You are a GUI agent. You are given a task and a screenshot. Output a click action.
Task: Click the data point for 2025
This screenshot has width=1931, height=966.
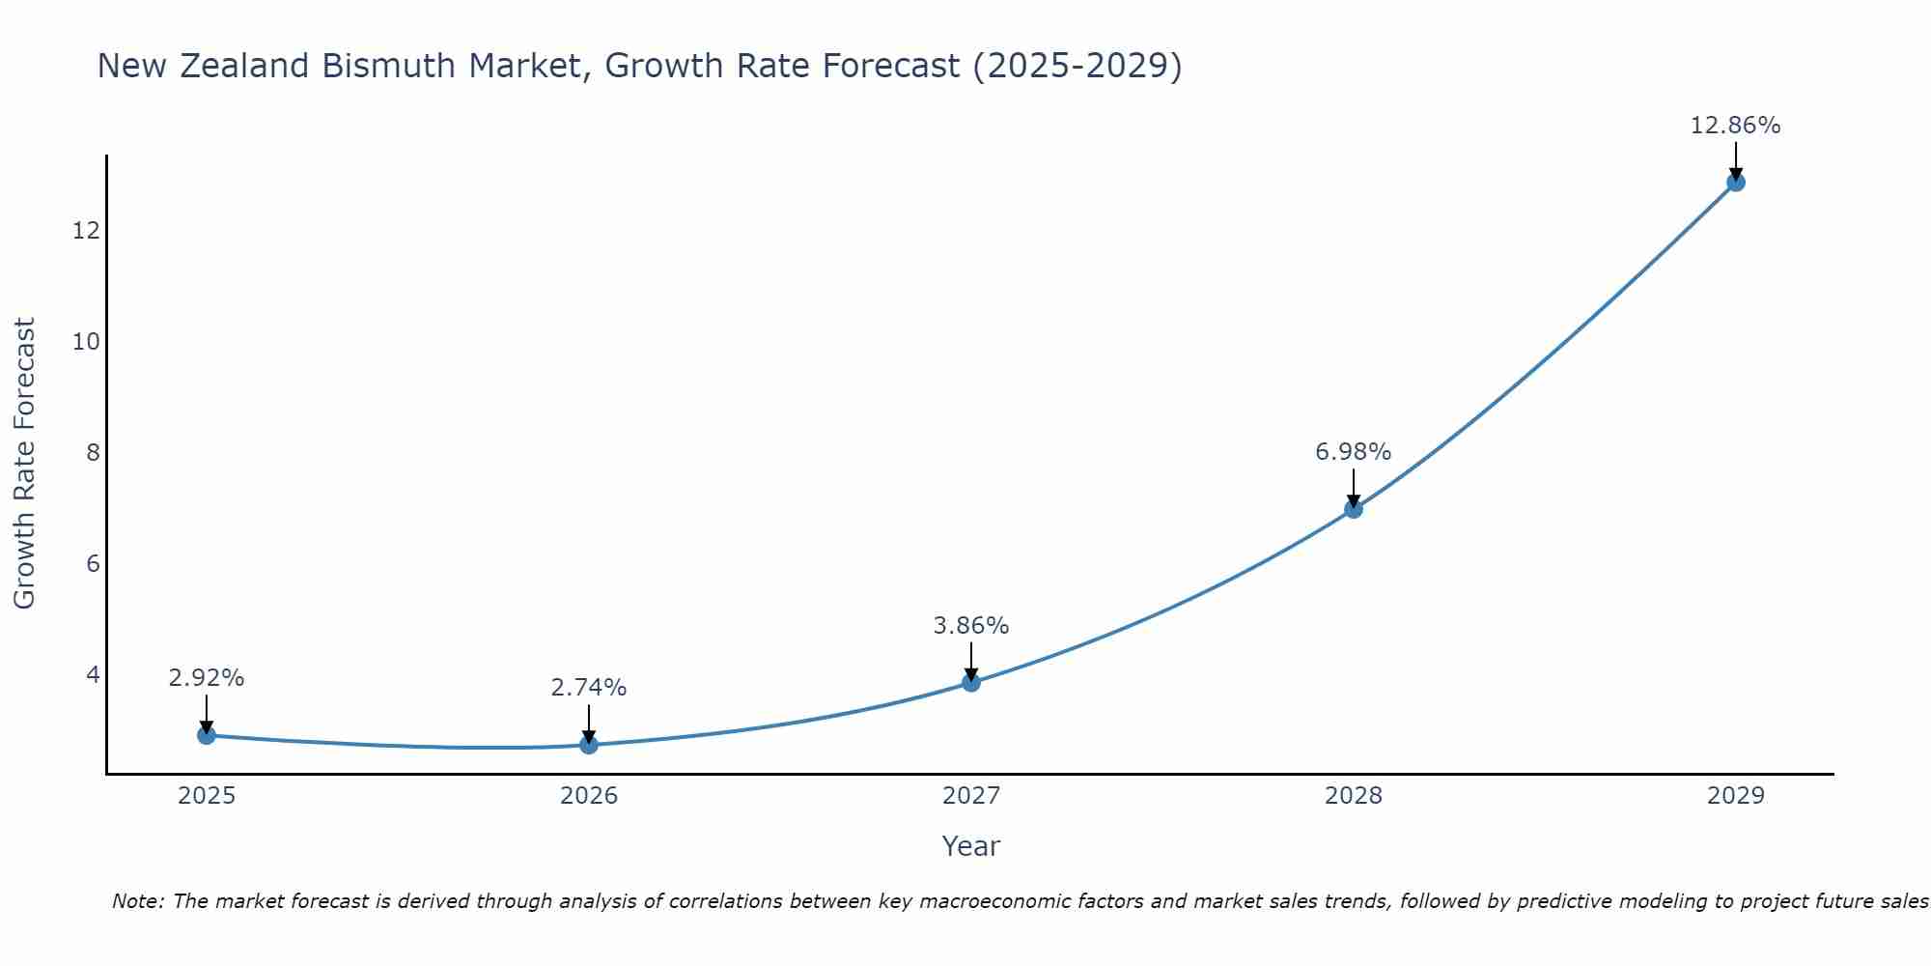(206, 735)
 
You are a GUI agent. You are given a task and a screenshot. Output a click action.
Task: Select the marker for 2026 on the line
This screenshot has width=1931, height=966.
(589, 745)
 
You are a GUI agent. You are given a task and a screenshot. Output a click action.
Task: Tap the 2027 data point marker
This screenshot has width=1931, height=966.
(971, 683)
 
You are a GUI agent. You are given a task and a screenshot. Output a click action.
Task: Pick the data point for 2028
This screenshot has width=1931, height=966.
(1354, 509)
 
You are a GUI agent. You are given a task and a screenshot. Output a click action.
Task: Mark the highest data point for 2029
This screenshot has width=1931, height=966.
(1736, 182)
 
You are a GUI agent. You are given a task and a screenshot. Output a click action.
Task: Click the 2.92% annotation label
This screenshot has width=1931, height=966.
(206, 678)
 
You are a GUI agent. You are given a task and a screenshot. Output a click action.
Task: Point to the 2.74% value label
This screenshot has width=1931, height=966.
(589, 688)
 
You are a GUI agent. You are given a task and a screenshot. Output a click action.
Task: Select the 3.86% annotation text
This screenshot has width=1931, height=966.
(971, 626)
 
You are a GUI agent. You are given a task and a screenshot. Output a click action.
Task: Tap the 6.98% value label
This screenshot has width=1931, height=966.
(1354, 452)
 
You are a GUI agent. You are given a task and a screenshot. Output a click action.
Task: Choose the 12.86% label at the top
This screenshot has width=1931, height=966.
(1736, 126)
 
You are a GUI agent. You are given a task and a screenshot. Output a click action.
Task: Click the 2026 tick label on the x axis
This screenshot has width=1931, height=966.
(589, 796)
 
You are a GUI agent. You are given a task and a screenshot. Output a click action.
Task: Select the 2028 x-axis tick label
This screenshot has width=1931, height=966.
(1354, 796)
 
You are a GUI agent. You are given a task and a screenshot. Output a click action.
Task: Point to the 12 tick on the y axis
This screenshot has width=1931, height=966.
(86, 230)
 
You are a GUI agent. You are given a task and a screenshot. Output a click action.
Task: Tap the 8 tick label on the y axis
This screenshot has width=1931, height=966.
(93, 452)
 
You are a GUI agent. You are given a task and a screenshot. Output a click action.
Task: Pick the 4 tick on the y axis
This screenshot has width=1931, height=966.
(93, 674)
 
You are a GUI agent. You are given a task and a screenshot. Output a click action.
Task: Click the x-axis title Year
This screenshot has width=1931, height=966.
(971, 846)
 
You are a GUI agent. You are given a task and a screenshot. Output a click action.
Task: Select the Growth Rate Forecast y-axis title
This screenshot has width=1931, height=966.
(24, 464)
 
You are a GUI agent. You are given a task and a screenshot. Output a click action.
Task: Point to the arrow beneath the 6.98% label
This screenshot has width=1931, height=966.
(1354, 488)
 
